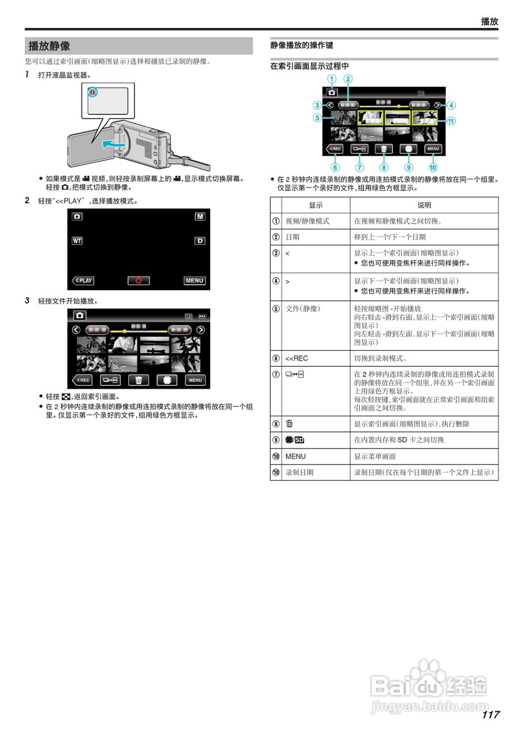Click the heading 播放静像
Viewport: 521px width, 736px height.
(50, 46)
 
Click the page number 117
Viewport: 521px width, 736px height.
(490, 715)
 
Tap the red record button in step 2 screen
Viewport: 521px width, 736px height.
(138, 281)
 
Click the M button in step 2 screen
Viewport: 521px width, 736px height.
(199, 217)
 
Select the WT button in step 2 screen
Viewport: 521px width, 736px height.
(77, 240)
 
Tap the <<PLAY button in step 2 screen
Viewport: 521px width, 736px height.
(83, 281)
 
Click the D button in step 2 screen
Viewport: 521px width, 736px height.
(199, 240)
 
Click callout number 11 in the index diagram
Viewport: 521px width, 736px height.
(451, 121)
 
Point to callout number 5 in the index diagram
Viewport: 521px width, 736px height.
(317, 118)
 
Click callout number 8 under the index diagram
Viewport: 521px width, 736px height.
(384, 168)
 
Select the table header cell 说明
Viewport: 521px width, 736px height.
(424, 205)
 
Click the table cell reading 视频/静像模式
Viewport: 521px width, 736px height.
(307, 221)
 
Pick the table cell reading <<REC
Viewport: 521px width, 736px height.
(296, 358)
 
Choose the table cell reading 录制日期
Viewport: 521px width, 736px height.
(299, 472)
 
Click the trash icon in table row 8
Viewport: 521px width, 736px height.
(290, 424)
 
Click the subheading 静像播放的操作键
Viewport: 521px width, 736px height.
(302, 45)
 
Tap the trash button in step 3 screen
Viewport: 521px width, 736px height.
(138, 380)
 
